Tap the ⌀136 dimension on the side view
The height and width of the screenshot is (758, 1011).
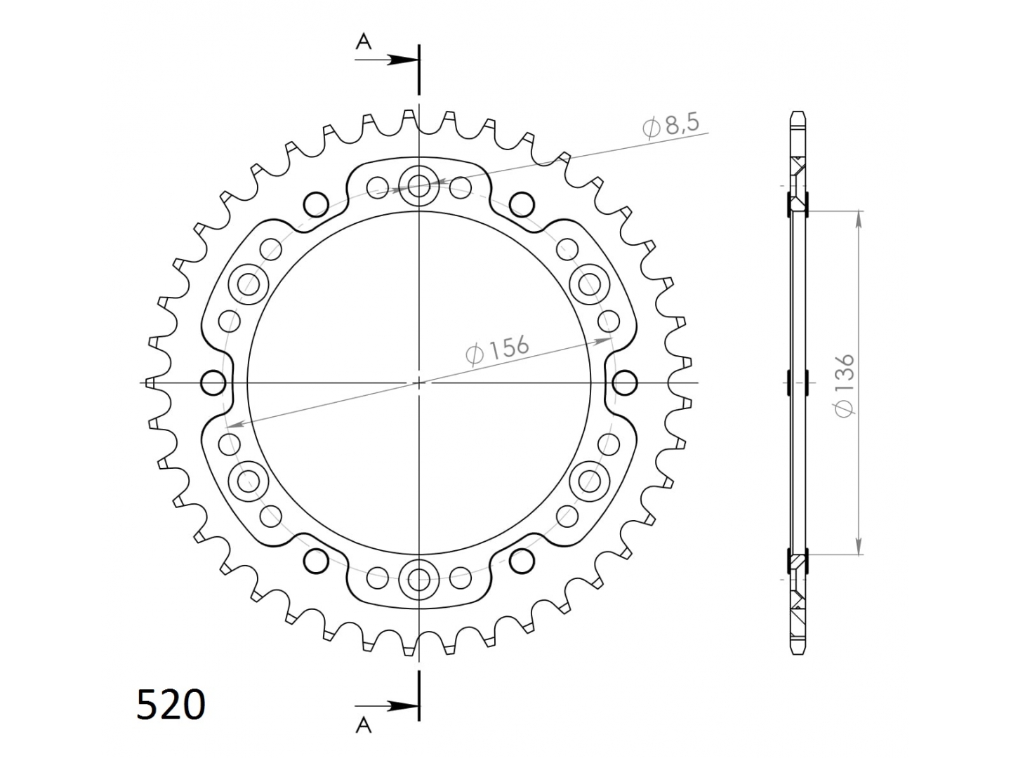coord(845,386)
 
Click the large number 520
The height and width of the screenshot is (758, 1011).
coord(171,705)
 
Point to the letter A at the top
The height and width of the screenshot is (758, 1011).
coord(364,42)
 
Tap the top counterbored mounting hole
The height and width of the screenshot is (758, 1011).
coord(418,186)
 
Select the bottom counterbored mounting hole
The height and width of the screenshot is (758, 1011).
coord(418,579)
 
